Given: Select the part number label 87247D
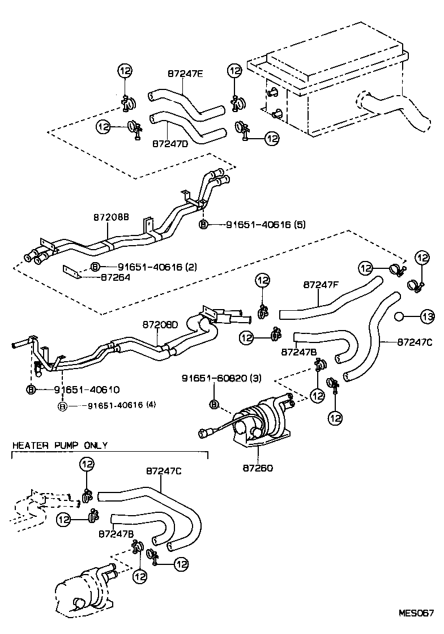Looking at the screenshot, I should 169,144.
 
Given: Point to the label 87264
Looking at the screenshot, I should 116,277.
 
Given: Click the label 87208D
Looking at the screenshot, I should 160,325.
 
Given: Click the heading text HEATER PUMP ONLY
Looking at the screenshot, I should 60,445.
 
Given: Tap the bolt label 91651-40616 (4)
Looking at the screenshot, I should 121,405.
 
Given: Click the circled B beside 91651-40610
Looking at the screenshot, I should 31,389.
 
